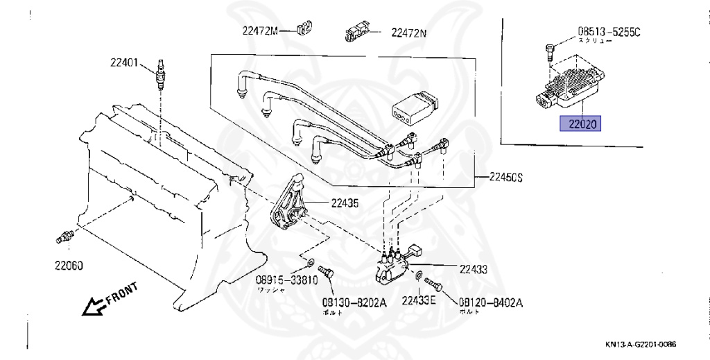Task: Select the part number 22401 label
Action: (x=124, y=62)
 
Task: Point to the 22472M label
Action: (x=259, y=31)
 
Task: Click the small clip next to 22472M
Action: (x=302, y=28)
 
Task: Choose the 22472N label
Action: (x=408, y=32)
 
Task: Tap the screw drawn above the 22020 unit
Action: (x=550, y=49)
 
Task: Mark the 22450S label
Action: (x=503, y=178)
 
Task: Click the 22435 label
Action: (x=345, y=203)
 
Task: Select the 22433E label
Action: (x=419, y=300)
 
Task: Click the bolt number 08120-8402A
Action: (x=491, y=303)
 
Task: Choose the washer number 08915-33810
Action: (x=286, y=280)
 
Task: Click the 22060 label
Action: (x=69, y=264)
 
